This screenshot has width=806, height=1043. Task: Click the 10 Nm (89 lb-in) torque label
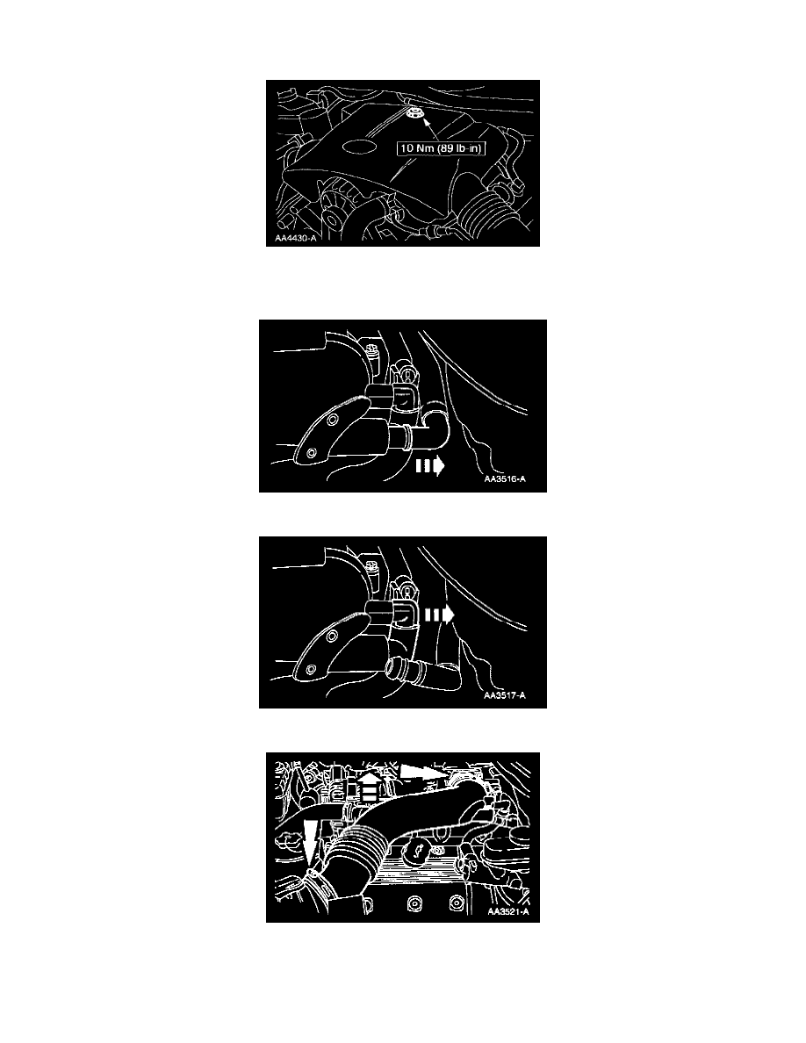[x=441, y=148]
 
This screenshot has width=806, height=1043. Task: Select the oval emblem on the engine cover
[x=358, y=147]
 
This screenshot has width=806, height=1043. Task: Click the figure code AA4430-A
[x=297, y=237]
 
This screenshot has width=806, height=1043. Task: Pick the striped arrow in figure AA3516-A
[x=430, y=467]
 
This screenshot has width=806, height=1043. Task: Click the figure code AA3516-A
[x=505, y=479]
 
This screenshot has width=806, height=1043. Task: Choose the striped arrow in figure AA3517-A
[x=440, y=616]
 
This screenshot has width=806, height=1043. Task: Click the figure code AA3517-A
[x=505, y=696]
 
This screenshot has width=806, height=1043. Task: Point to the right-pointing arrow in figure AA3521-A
[x=423, y=773]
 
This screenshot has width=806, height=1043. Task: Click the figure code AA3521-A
[x=508, y=912]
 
